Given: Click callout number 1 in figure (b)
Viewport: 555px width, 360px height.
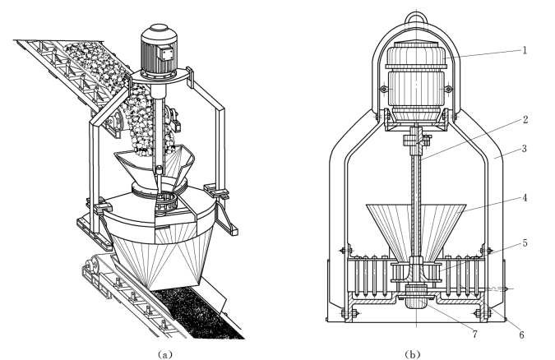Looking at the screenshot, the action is point(525,50).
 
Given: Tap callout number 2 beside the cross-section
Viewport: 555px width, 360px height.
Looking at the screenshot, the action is point(525,120).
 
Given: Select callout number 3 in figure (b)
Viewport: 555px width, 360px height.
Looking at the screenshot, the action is point(525,148).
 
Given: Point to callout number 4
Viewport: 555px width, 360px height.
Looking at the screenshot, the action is point(525,197).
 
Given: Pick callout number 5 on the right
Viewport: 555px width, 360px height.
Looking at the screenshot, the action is point(525,242).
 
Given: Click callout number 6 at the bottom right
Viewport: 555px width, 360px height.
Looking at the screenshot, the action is point(521,335).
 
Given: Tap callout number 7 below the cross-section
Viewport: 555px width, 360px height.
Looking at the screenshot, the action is point(474,334).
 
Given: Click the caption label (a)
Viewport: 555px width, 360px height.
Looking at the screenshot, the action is point(164,354).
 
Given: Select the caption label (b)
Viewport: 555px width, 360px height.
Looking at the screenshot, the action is point(413,354).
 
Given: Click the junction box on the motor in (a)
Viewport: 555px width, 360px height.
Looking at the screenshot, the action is point(168,54).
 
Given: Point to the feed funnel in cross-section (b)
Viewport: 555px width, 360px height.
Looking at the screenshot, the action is point(416,230).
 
